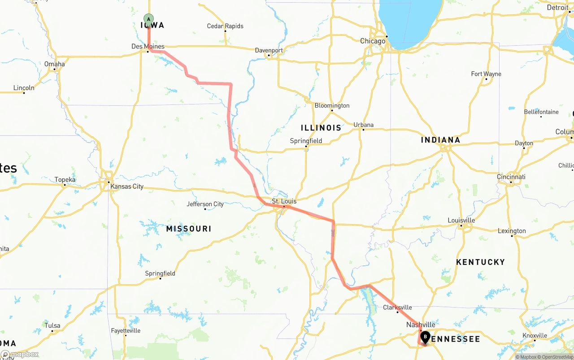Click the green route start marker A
(x=148, y=19)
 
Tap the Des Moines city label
(x=148, y=47)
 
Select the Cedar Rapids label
(x=225, y=26)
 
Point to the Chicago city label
(x=373, y=41)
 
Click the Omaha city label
(x=54, y=64)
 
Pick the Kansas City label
(x=127, y=186)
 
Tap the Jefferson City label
(x=205, y=204)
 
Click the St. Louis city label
(x=284, y=201)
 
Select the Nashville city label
(x=421, y=325)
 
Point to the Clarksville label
(x=397, y=307)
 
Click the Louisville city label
(x=461, y=220)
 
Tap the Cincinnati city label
(x=511, y=177)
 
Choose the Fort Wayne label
(x=486, y=74)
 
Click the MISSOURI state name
(x=189, y=229)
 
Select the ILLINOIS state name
(x=321, y=128)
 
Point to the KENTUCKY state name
(x=480, y=262)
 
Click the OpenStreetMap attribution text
(x=557, y=357)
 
